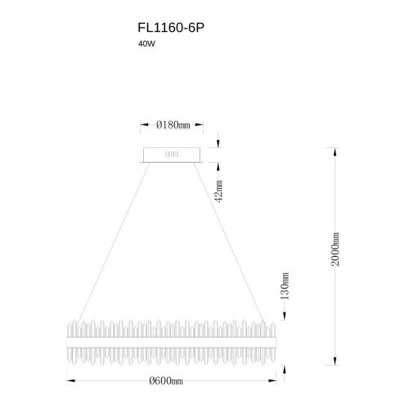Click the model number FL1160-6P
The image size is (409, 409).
point(171,28)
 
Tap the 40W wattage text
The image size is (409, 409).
point(146,44)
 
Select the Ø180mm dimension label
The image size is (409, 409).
point(173,125)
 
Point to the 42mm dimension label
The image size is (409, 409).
point(219,191)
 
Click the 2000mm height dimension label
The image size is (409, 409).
point(335,249)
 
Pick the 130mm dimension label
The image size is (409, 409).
point(285,286)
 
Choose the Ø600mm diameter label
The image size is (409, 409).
point(166,380)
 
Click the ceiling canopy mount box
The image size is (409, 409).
point(172,155)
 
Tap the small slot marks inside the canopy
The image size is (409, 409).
point(172,155)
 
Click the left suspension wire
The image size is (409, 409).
point(114,243)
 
